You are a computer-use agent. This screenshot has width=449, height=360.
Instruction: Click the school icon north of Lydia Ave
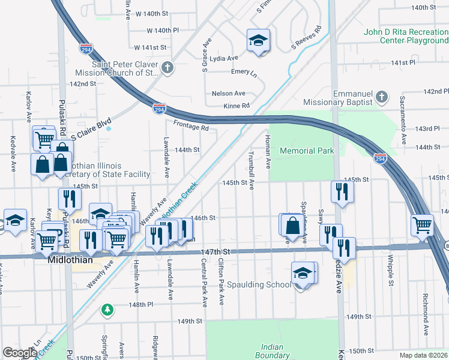coord(258,41)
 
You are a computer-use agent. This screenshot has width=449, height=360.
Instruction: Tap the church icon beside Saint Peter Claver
coord(169,68)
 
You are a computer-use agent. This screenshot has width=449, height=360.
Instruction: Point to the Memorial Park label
coord(307,151)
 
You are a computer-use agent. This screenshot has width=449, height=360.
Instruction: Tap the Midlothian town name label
coord(71,260)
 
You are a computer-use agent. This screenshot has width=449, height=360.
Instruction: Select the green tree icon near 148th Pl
coord(107,309)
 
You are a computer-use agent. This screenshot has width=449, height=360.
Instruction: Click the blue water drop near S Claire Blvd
coord(109,127)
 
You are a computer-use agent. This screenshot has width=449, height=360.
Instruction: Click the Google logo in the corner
coord(19,353)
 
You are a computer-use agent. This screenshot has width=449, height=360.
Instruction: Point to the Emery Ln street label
coord(244,72)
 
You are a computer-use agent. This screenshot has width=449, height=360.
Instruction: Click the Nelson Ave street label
coord(229,94)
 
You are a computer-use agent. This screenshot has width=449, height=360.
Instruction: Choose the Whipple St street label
coord(390,271)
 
